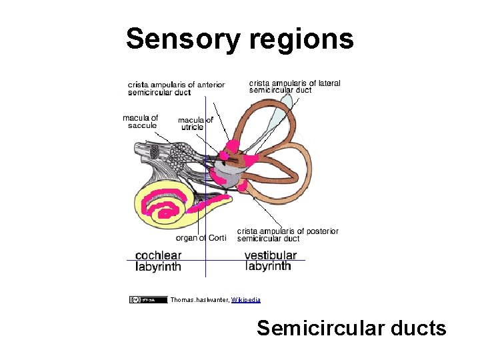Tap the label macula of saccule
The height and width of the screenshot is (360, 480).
[x=140, y=121]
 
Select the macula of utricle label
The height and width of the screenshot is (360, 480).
[x=195, y=123]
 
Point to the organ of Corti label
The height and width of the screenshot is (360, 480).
[x=201, y=238]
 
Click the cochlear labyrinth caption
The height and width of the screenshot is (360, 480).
[x=158, y=261]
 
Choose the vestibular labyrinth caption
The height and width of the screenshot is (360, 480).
[x=270, y=261]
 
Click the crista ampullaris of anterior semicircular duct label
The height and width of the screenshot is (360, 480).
[x=176, y=88]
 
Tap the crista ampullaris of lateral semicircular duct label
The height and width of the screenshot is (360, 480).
[x=295, y=87]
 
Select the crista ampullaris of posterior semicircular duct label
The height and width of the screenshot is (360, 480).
[x=287, y=235]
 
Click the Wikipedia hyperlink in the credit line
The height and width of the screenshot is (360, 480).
[x=246, y=300]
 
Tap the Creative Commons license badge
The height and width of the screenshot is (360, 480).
[x=148, y=300]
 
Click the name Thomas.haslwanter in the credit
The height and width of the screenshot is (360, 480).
[x=199, y=300]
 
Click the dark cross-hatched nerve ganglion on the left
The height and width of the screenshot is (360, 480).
[x=155, y=151]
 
